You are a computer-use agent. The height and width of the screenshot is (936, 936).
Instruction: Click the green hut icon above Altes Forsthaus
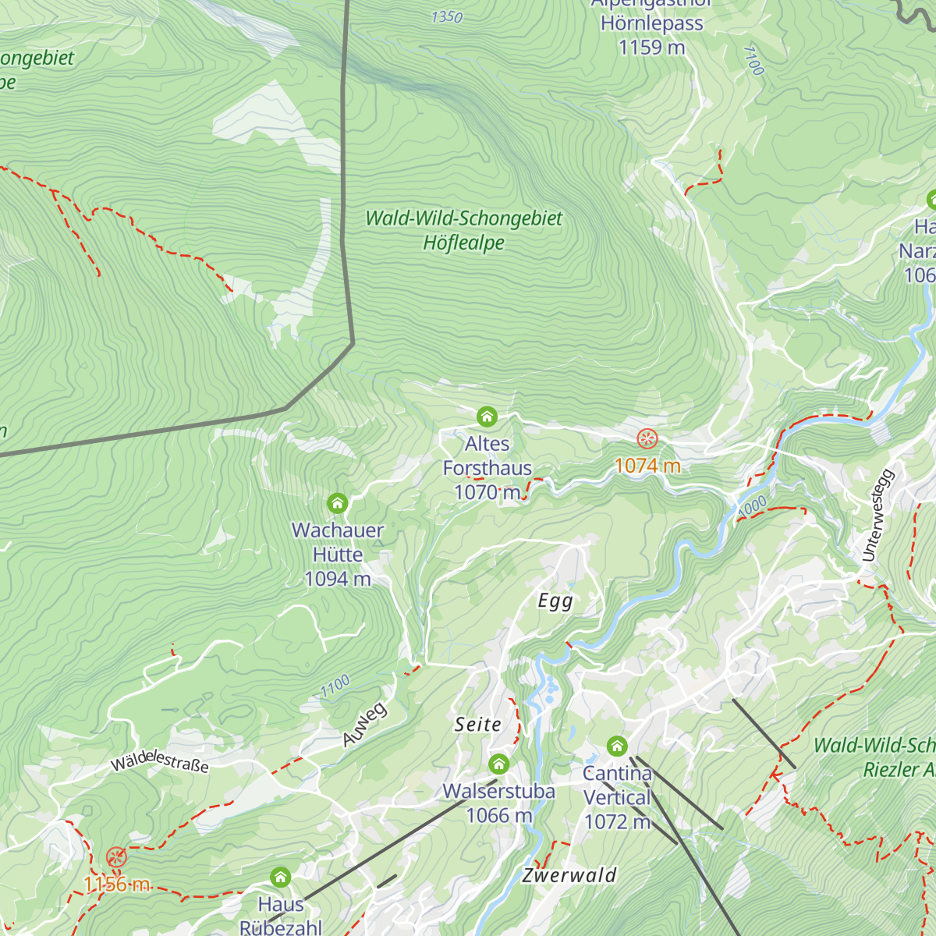487,417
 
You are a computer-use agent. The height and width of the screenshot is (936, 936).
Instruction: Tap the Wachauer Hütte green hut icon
337,503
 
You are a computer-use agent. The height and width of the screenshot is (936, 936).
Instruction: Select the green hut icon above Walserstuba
498,764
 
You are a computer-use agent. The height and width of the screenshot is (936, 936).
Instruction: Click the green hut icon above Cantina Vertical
617,746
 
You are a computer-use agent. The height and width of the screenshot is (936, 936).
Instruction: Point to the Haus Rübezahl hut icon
280,877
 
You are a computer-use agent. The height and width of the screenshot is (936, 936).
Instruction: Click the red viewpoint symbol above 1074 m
647,438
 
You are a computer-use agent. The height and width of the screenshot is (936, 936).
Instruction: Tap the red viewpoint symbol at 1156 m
116,858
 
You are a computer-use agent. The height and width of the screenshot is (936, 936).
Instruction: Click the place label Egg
555,601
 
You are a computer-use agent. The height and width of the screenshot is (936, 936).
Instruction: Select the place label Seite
478,725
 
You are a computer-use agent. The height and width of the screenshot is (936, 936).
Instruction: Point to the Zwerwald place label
569,875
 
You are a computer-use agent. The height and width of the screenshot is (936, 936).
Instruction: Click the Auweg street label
364,725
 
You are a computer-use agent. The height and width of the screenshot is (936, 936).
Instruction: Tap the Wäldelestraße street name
160,761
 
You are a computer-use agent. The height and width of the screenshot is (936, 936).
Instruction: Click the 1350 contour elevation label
447,16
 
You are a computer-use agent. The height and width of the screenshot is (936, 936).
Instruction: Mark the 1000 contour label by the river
753,505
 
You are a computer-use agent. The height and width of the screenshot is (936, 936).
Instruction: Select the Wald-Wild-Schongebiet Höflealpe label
463,230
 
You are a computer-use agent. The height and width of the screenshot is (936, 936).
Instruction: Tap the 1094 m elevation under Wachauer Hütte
337,579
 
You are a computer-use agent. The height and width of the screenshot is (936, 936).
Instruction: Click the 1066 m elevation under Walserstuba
498,815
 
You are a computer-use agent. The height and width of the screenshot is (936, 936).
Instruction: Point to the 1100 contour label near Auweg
335,686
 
